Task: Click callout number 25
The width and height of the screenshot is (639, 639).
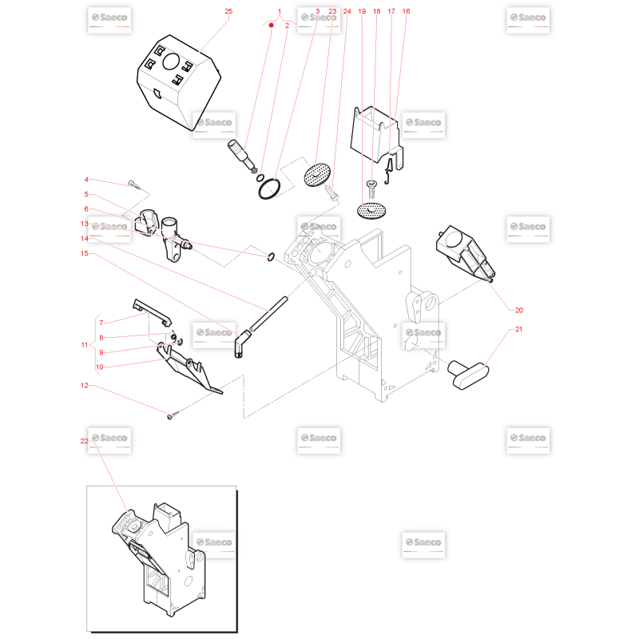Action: [x=228, y=11]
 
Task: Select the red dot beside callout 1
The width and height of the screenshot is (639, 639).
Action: [x=272, y=26]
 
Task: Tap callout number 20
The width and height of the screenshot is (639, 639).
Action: [x=518, y=310]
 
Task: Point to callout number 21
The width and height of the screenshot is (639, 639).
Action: [x=518, y=329]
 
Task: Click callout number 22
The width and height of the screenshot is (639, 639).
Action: [x=85, y=441]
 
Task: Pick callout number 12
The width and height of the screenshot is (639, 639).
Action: [x=85, y=385]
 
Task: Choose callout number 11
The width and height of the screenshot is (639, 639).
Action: [x=85, y=345]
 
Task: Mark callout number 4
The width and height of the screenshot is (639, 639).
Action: [x=86, y=179]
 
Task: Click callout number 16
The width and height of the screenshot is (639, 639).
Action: [x=406, y=11]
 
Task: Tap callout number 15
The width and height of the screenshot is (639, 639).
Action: [x=85, y=253]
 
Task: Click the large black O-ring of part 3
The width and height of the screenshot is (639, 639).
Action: [x=269, y=189]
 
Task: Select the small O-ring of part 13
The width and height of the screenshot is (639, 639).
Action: [x=271, y=257]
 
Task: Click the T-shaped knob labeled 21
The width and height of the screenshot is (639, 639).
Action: [x=468, y=374]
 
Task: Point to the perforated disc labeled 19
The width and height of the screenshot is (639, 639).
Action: [x=371, y=211]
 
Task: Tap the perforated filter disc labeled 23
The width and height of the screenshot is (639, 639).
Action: [x=317, y=175]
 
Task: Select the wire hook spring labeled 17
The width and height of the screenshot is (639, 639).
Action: [x=388, y=171]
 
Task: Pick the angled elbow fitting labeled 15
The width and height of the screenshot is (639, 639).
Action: [x=242, y=344]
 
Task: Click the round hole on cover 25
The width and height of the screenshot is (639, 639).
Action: [x=171, y=62]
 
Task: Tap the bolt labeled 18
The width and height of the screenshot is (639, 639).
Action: [x=371, y=189]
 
